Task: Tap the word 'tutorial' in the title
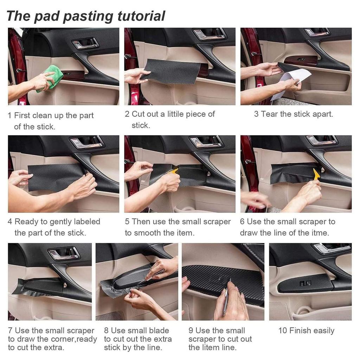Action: tap(141, 16)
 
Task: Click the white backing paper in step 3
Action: tap(290, 84)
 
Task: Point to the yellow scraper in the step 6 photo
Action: tap(317, 174)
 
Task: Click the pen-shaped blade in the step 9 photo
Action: tap(226, 298)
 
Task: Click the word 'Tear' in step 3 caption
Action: tap(269, 114)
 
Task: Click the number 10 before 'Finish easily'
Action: tap(283, 330)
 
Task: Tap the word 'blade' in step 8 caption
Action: tap(159, 330)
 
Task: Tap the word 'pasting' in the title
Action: tap(88, 17)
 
